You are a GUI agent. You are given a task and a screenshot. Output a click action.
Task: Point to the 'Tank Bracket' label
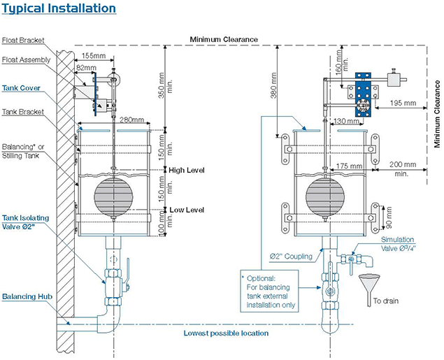coord(22,112)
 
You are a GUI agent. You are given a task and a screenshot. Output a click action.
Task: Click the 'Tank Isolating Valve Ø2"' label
coord(24,222)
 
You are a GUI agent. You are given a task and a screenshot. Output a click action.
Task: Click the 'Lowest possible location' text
coord(226,333)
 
